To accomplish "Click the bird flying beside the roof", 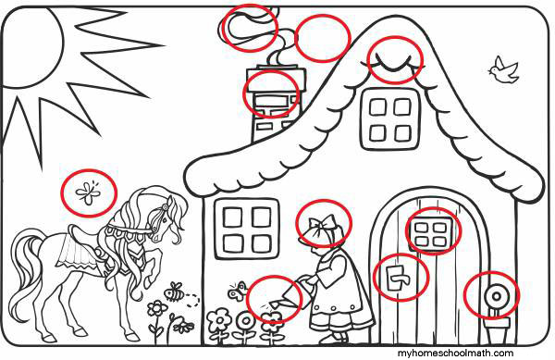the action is (504, 70).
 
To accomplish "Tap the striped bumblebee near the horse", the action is (175, 292).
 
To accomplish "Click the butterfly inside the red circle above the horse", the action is (89, 192).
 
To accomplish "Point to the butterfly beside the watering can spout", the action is (237, 291).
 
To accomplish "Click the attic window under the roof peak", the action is (390, 119).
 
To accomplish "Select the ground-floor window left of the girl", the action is (247, 229).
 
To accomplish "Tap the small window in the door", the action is (430, 232).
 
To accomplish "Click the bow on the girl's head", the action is (322, 224).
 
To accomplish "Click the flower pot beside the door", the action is (497, 331).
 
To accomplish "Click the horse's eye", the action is (165, 219).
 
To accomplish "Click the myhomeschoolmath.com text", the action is (455, 353).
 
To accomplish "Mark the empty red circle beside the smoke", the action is (323, 38).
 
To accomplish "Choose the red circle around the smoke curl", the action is (250, 28).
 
